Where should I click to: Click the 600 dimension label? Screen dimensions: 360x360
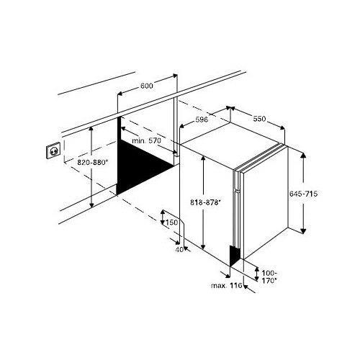tap(146, 86)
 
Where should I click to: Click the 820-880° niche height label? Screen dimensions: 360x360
tap(92, 163)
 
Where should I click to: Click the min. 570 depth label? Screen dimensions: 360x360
tap(146, 141)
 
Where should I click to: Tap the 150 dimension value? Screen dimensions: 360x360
tap(171, 222)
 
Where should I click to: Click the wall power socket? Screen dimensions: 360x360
tap(53, 152)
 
